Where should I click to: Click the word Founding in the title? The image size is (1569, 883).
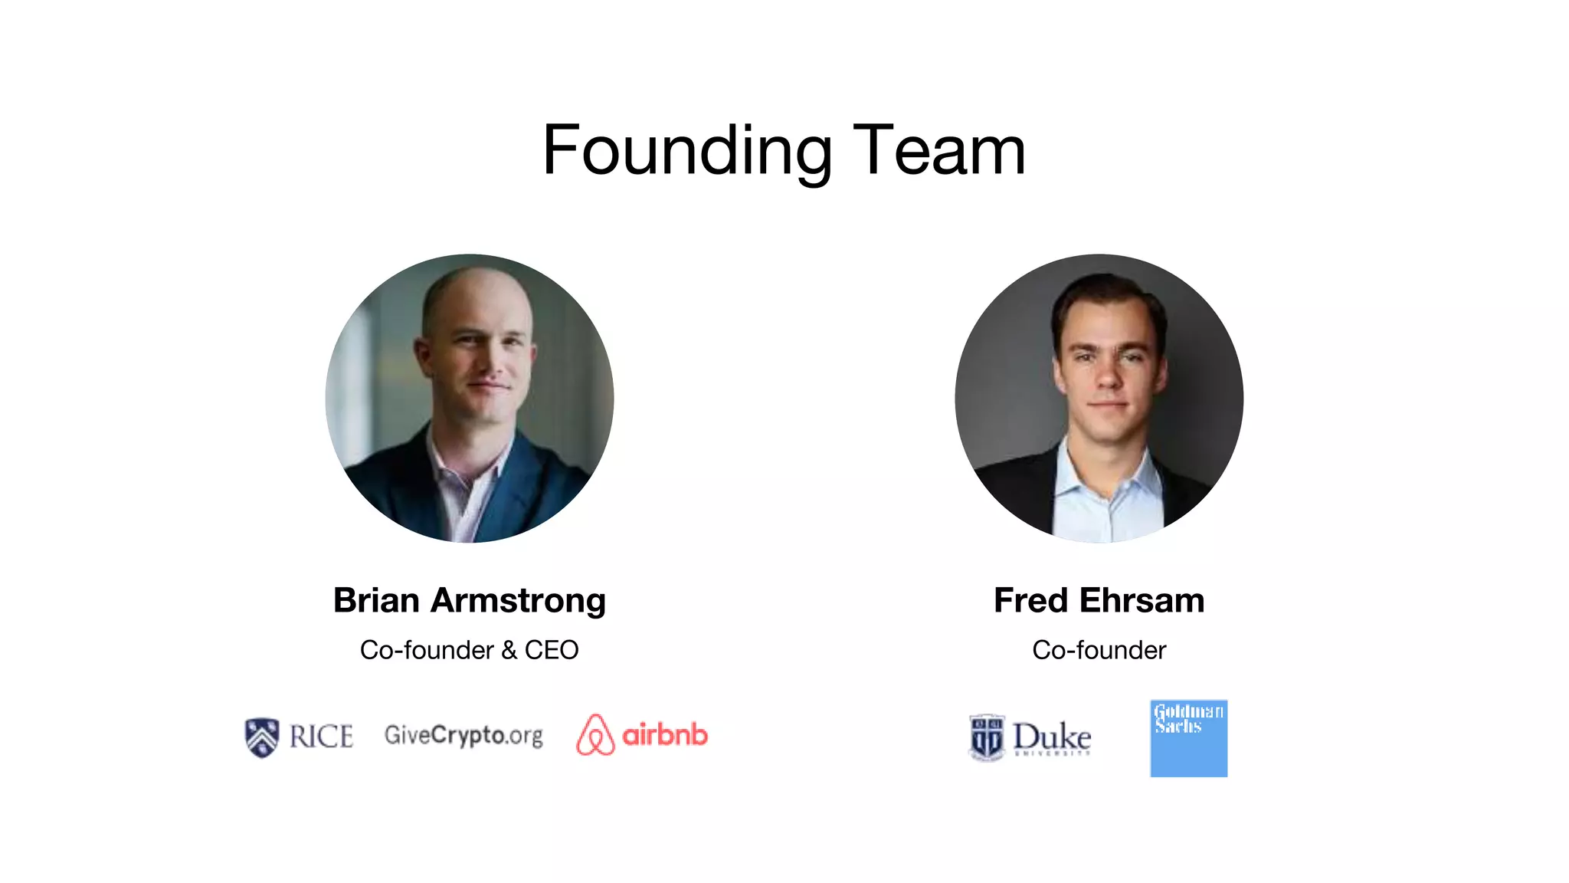(686, 151)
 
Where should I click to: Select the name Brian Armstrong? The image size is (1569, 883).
(469, 600)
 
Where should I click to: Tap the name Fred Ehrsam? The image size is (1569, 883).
(1099, 600)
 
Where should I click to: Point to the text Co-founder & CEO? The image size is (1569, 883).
(469, 650)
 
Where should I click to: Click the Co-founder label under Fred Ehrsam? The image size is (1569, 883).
(1099, 650)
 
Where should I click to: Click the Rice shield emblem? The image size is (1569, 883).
(261, 737)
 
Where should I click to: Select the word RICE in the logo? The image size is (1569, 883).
(322, 737)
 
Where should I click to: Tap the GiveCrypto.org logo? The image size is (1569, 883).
(463, 735)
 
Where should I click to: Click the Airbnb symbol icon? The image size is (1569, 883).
(595, 735)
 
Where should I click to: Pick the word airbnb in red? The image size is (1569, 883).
(665, 735)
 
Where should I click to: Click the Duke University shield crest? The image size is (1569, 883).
(986, 738)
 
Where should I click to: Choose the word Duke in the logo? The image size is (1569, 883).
(1052, 737)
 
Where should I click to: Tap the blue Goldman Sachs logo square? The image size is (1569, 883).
(1188, 738)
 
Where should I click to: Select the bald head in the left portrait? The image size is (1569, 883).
(467, 291)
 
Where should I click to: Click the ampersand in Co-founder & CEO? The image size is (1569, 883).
(509, 651)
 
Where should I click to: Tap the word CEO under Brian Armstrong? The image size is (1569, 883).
(552, 650)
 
